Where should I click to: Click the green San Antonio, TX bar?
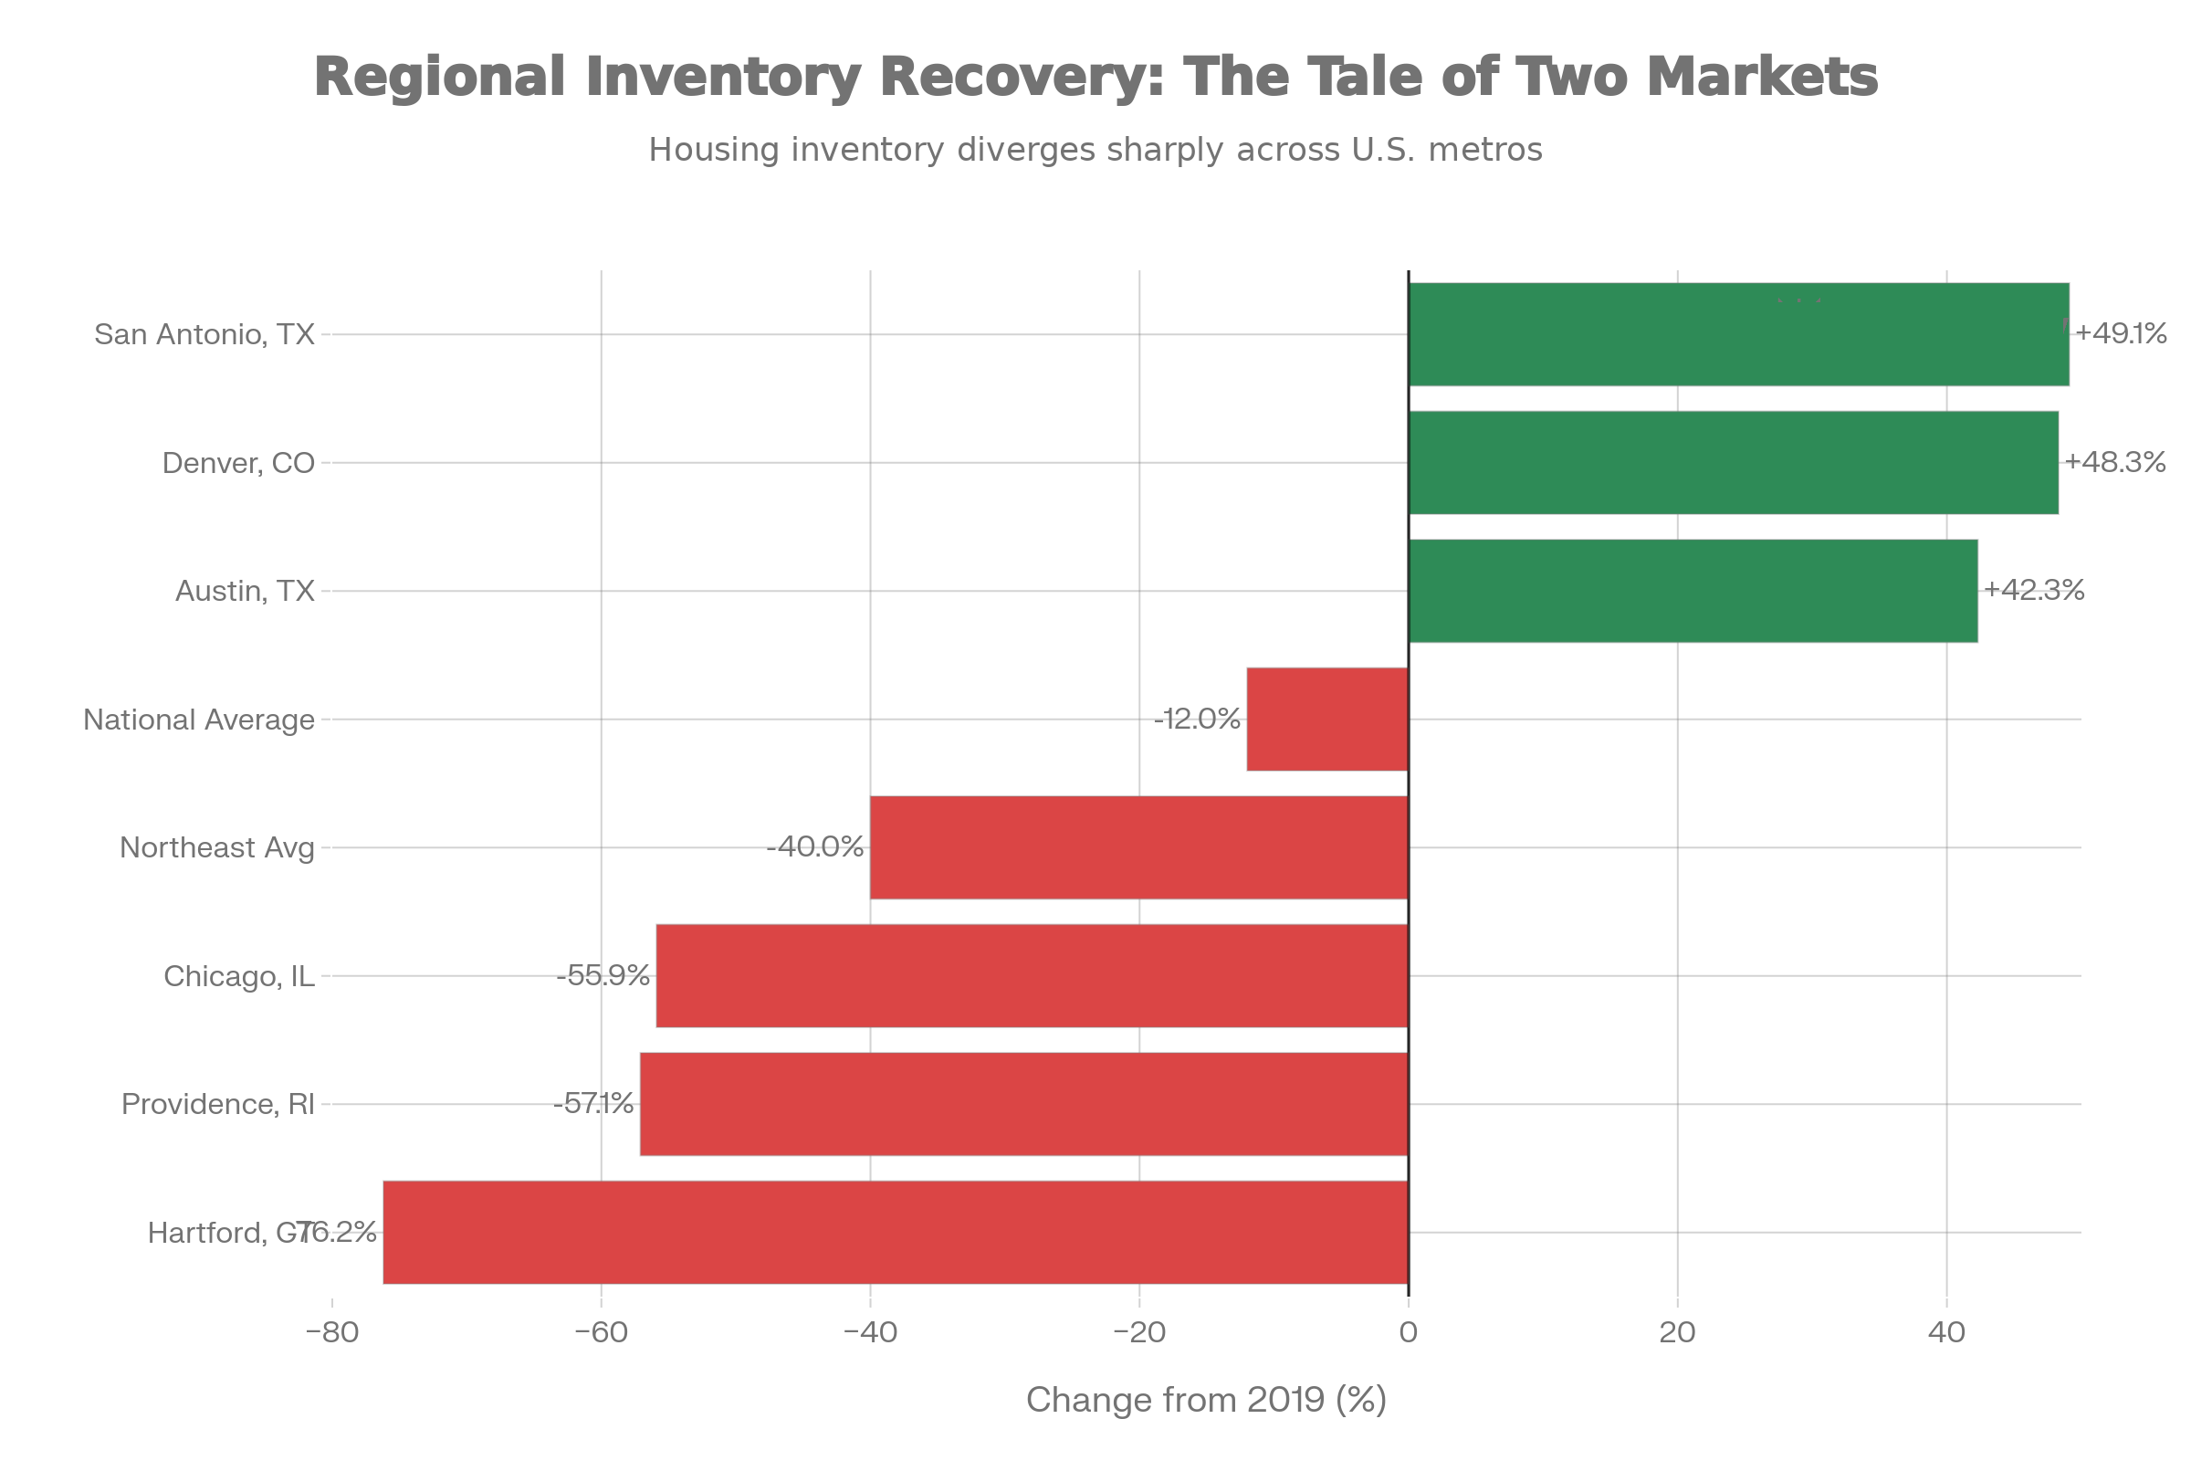[x=1738, y=334]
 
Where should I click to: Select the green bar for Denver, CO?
[x=1734, y=462]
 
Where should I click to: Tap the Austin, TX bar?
[x=1693, y=591]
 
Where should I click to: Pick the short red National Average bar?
[x=1326, y=720]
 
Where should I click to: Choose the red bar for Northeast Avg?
[x=1138, y=848]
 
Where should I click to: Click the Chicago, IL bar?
[x=1032, y=975]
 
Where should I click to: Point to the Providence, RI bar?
[x=1022, y=1104]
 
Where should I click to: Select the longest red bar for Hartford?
[x=895, y=1232]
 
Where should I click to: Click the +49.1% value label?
[x=2121, y=333]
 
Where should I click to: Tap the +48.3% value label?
[x=2115, y=462]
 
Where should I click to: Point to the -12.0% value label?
[x=1197, y=720]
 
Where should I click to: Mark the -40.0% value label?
[x=815, y=848]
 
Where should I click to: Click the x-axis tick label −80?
[x=331, y=1333]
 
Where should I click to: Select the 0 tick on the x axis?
[x=1408, y=1333]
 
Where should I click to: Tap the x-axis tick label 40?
[x=1946, y=1333]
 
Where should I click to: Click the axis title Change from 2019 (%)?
[x=1206, y=1400]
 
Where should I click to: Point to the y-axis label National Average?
[x=199, y=720]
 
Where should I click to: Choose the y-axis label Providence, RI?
[x=218, y=1104]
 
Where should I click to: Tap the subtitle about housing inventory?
[x=1095, y=149]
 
